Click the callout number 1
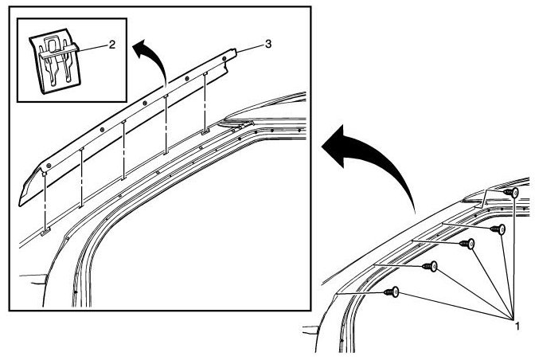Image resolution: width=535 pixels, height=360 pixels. [517, 326]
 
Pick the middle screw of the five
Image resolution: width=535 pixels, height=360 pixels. [470, 244]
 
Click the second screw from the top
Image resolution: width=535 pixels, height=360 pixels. [502, 229]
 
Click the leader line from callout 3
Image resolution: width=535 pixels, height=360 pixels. [250, 48]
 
